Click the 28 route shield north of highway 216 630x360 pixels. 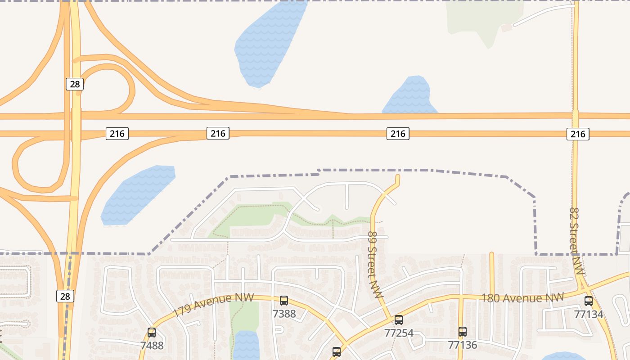(x=75, y=84)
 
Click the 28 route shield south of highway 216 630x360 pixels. (x=65, y=296)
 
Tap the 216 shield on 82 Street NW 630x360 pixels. (x=577, y=134)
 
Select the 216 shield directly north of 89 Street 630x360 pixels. (x=398, y=134)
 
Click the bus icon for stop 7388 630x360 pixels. (x=283, y=301)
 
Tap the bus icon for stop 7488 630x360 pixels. (x=152, y=333)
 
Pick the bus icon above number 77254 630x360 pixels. (x=398, y=320)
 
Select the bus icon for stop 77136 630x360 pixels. (x=462, y=332)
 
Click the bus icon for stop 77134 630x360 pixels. (x=588, y=301)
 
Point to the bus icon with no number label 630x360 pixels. (x=336, y=352)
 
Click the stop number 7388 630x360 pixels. (x=284, y=314)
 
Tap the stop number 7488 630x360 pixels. (x=152, y=346)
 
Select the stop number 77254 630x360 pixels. (x=399, y=333)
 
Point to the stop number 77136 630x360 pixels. (x=463, y=345)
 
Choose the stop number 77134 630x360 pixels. (x=589, y=314)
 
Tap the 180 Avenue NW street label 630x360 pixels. (x=522, y=297)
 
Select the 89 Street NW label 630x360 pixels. (x=374, y=265)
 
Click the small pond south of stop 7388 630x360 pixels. (x=246, y=345)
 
